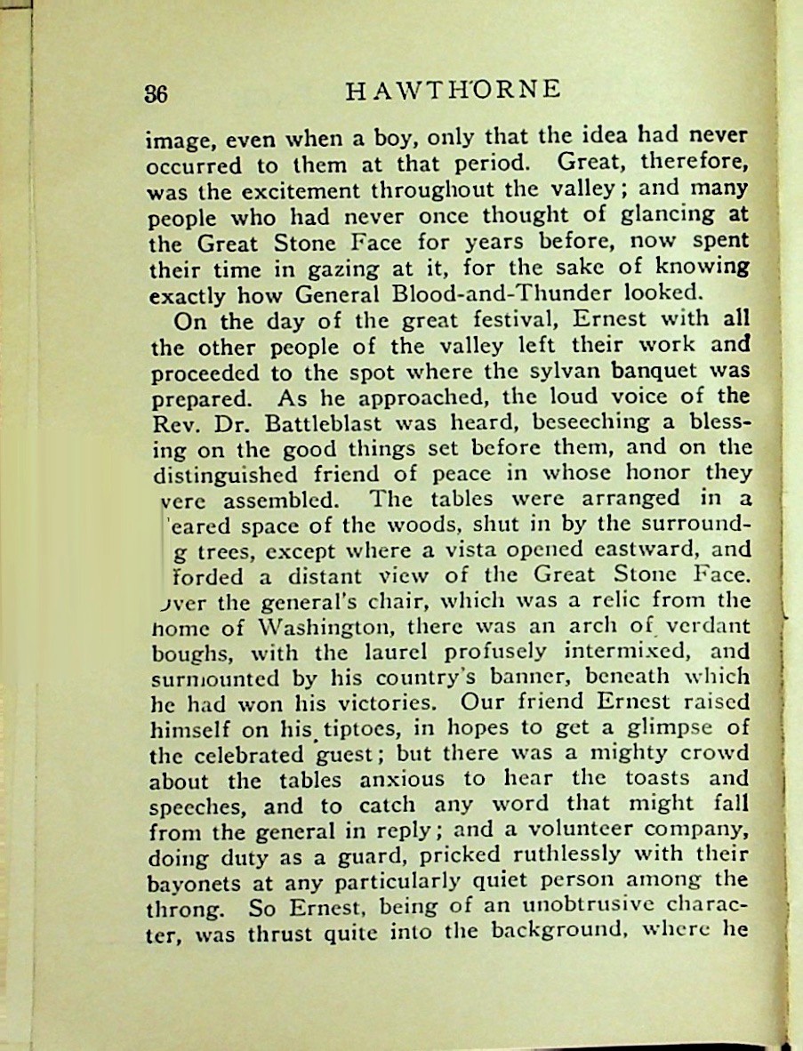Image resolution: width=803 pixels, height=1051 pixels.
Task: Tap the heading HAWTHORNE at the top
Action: pos(453,90)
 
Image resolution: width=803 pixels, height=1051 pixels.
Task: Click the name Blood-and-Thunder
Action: pos(532,292)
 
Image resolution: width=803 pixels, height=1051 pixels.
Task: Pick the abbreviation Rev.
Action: pos(168,421)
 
